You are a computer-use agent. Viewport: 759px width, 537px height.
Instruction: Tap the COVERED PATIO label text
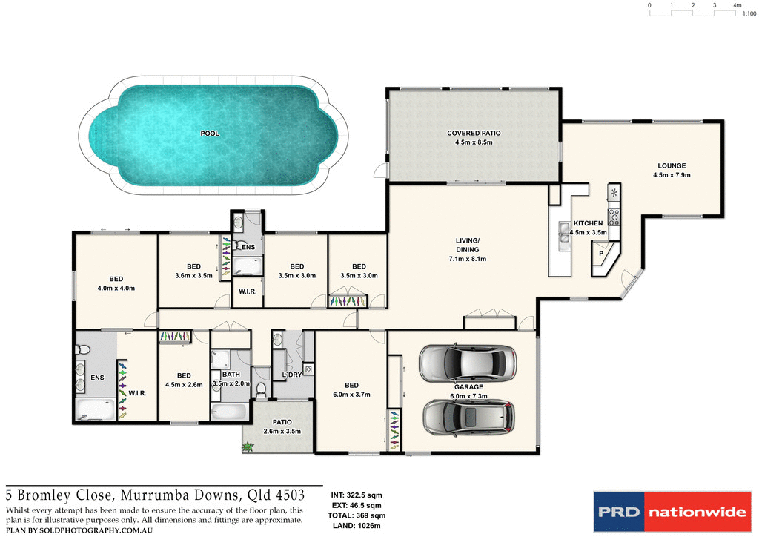coord(474,133)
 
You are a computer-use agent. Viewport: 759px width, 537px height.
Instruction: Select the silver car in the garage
coord(467,362)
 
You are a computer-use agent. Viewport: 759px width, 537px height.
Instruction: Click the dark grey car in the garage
coord(468,418)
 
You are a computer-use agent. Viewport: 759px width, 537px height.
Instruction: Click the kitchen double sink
coord(564,235)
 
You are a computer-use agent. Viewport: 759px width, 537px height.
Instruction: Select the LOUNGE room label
coord(671,165)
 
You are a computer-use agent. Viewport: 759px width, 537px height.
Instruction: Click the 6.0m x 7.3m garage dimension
coord(468,397)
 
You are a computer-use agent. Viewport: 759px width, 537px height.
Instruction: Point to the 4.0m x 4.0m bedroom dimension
coord(116,288)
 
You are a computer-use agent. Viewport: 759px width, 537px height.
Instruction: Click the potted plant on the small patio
coord(247,447)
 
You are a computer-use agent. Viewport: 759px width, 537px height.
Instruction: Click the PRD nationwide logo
coord(670,511)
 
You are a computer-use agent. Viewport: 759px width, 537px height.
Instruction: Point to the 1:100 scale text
coord(749,13)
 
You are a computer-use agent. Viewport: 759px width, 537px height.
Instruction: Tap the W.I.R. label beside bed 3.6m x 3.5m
coord(248,291)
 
